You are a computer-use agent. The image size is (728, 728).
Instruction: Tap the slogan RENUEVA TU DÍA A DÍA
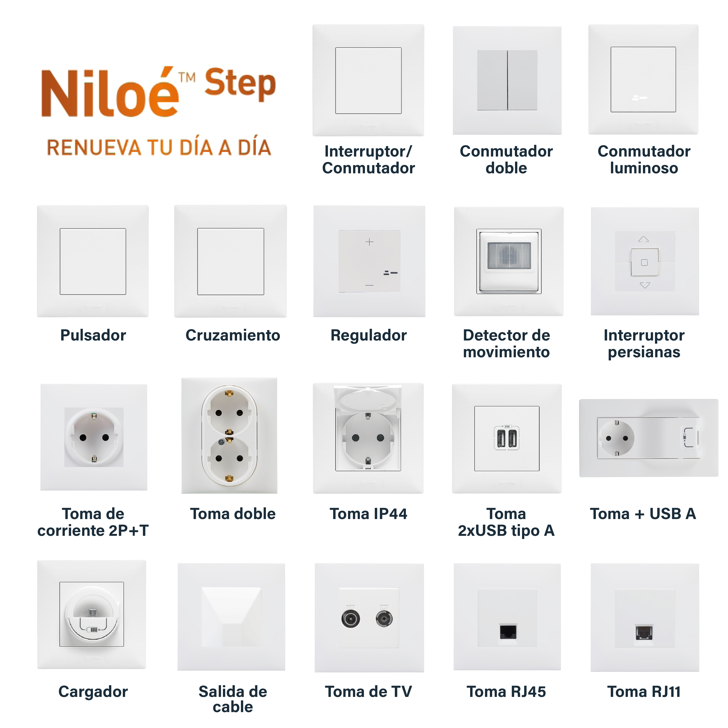(x=159, y=147)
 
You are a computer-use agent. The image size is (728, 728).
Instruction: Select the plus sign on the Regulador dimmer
(x=369, y=242)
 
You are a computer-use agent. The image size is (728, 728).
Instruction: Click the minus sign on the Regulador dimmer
(x=369, y=285)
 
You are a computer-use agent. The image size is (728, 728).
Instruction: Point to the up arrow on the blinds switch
(x=644, y=239)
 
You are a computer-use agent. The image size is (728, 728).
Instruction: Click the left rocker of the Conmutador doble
(x=492, y=80)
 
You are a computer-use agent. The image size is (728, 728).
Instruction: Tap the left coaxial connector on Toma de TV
(x=350, y=619)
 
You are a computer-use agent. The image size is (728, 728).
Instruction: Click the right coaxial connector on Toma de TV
(x=384, y=619)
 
